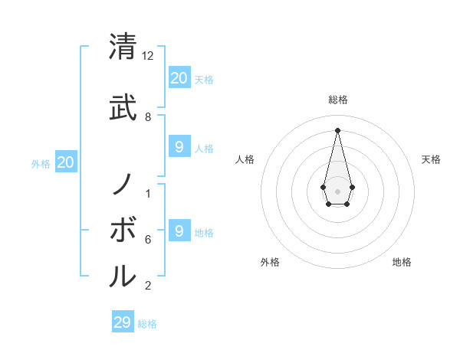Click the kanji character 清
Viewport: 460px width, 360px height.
coord(123,47)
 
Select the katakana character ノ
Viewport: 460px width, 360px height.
coord(123,184)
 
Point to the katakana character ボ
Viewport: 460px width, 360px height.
coord(123,230)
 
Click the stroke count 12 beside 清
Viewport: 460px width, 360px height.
coord(148,57)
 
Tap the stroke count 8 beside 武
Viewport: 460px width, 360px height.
coord(148,117)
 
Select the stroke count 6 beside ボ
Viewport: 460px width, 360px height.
coord(148,240)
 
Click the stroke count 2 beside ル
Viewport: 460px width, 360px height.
coord(148,286)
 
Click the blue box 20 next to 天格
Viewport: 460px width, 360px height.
coord(179,77)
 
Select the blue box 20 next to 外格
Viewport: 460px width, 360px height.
coord(66,162)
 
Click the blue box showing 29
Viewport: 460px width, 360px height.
coord(123,322)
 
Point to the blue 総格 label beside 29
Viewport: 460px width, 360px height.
coord(147,324)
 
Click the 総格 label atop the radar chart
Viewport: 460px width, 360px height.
coord(337,100)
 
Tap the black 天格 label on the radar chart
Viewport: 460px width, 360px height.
coord(432,159)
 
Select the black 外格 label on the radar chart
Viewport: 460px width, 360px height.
coord(270,262)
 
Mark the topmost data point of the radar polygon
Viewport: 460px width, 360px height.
coord(337,129)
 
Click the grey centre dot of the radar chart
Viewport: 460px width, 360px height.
coord(337,190)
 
